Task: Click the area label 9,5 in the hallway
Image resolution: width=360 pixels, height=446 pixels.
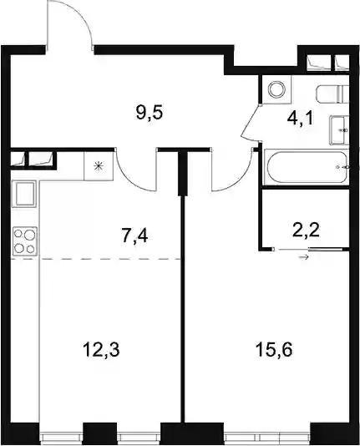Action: [x=149, y=114]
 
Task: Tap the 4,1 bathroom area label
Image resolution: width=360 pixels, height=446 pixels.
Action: [x=301, y=119]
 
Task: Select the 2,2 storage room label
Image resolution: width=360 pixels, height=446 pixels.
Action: [x=306, y=231]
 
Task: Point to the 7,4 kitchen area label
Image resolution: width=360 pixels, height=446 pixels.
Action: [x=134, y=236]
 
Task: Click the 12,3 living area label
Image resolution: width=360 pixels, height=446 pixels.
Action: [x=101, y=350]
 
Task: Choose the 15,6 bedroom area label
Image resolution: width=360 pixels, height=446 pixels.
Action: [x=274, y=350]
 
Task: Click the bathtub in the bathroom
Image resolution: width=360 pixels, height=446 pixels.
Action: [x=307, y=167]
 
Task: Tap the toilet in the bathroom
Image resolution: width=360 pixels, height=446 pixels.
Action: [x=332, y=94]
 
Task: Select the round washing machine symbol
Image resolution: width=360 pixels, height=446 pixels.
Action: [x=277, y=89]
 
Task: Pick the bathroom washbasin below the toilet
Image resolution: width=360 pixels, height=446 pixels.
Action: [x=339, y=130]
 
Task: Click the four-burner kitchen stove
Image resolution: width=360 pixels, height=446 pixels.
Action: [x=25, y=240]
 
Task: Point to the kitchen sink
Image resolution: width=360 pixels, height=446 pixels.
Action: [x=25, y=194]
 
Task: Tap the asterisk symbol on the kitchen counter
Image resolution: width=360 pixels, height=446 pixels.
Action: [x=99, y=166]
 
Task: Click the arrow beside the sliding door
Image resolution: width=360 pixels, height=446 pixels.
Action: [x=303, y=257]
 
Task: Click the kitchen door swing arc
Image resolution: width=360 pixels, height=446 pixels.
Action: [x=129, y=177]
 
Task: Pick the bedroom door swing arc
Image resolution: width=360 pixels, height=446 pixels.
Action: [x=239, y=179]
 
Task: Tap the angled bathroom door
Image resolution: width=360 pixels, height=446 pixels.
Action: [x=251, y=122]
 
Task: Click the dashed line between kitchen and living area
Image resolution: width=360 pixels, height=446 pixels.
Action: [x=96, y=259]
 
